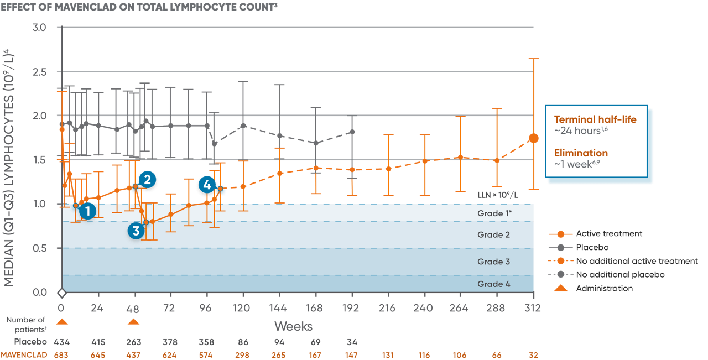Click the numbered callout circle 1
click(86, 211)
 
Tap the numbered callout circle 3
click(136, 231)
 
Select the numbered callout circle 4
click(207, 185)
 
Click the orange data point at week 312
click(533, 138)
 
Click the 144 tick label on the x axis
click(279, 308)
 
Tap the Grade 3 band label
click(493, 262)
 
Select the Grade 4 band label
click(493, 284)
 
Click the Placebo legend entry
click(592, 248)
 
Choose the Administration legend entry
click(604, 289)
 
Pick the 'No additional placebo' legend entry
click(619, 275)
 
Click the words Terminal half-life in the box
click(595, 119)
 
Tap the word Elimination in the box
click(581, 153)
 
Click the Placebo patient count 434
click(62, 342)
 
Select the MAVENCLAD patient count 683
click(62, 355)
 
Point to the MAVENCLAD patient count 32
click(533, 355)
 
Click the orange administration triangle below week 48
click(133, 322)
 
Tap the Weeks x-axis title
click(293, 326)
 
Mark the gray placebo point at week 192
click(352, 132)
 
